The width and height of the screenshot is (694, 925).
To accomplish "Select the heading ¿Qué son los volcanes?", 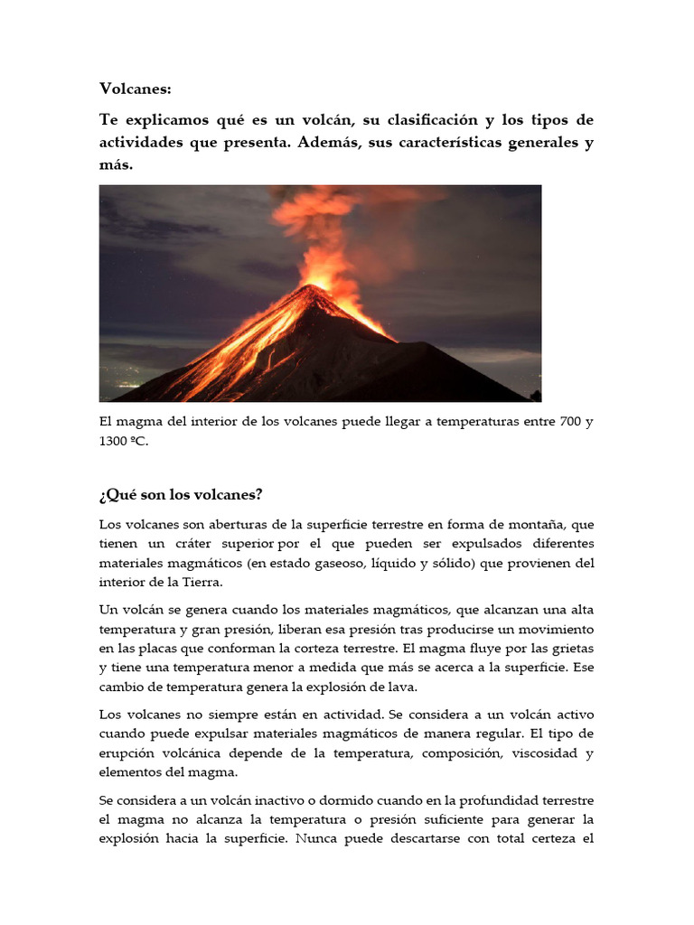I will tap(181, 495).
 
